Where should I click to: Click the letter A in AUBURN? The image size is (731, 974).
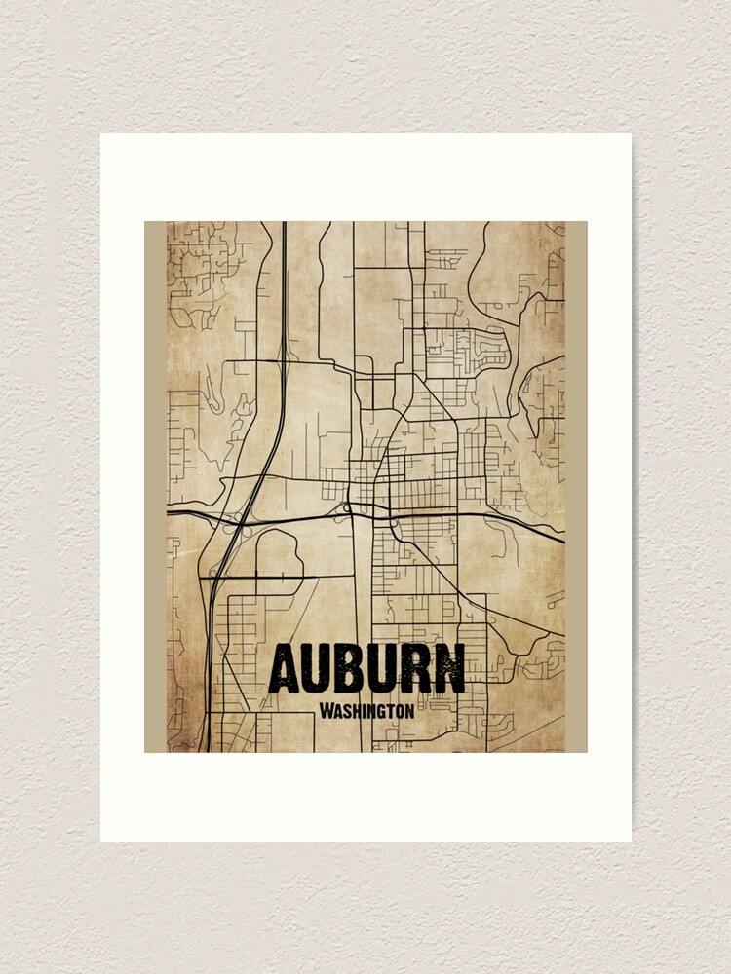click(x=285, y=669)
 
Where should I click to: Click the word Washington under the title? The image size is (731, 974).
click(x=366, y=711)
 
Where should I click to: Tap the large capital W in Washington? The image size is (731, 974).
click(x=326, y=710)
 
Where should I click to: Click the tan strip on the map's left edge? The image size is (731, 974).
click(x=155, y=487)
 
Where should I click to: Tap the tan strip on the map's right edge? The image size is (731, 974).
click(x=576, y=487)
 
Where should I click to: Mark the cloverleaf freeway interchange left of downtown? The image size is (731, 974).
click(x=238, y=521)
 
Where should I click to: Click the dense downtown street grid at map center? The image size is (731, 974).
click(x=409, y=477)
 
